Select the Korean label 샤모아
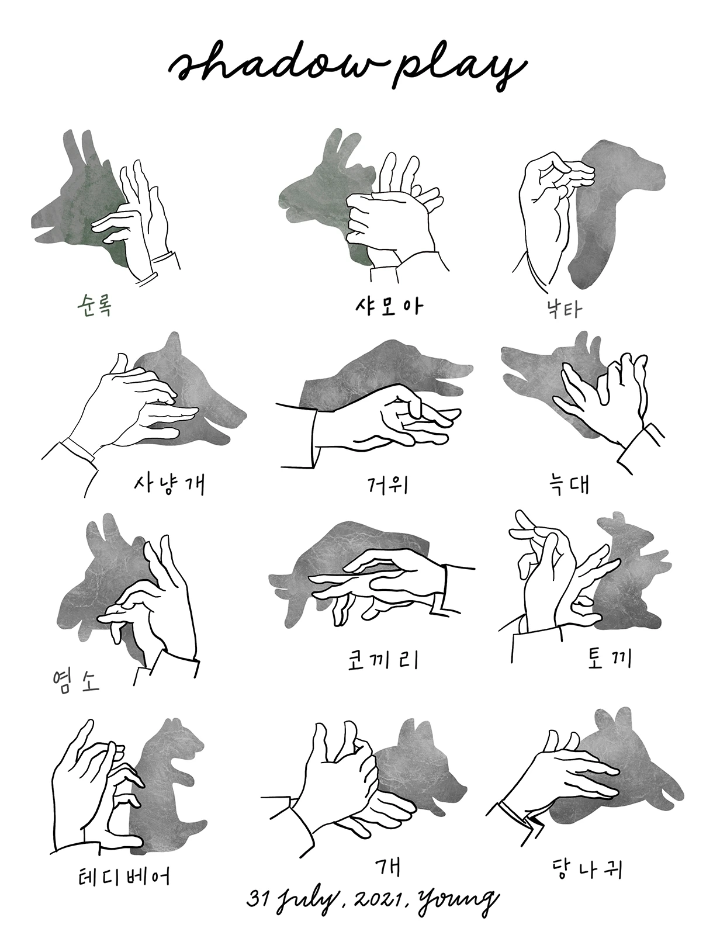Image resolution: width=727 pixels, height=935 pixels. [389, 306]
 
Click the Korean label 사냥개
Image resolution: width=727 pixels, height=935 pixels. [169, 484]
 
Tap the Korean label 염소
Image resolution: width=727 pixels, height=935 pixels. [76, 679]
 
